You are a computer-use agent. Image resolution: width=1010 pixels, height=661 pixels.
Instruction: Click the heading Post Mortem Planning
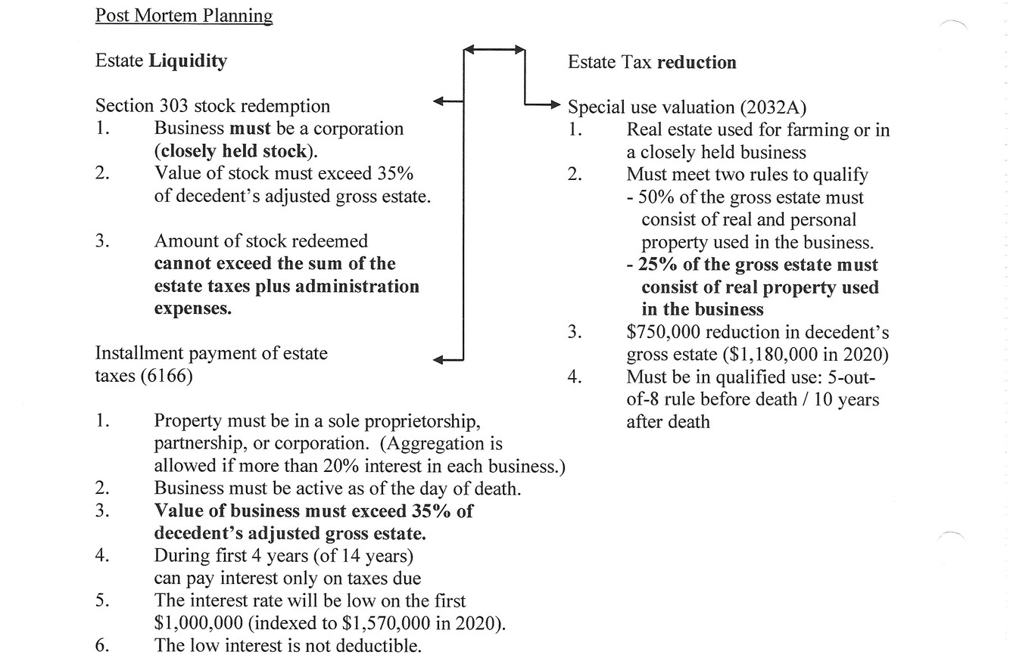pos(183,15)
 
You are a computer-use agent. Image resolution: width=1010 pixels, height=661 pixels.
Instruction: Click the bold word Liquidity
pos(187,61)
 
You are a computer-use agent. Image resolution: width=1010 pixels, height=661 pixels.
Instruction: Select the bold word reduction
pos(697,62)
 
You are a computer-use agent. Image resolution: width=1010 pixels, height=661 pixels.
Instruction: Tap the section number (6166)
pos(167,375)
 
